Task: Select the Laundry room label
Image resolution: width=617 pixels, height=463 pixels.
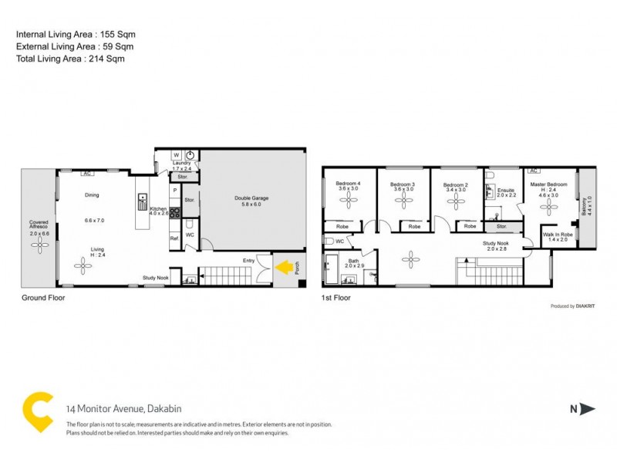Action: click(181, 163)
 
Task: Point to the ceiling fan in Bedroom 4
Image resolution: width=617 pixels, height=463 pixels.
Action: click(348, 201)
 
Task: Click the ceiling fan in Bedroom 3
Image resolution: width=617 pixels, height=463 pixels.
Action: click(403, 201)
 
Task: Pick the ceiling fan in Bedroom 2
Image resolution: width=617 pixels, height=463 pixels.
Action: click(456, 201)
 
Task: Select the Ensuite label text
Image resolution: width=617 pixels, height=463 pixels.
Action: click(506, 190)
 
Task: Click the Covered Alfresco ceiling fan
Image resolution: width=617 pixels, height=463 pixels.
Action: click(39, 243)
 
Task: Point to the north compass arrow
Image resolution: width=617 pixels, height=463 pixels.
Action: click(587, 410)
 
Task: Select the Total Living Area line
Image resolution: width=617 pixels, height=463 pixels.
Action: click(70, 58)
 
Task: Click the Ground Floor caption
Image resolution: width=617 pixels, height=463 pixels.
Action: click(42, 297)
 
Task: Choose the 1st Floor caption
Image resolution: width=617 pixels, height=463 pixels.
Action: click(338, 297)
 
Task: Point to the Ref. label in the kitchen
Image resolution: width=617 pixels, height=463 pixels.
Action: click(174, 238)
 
